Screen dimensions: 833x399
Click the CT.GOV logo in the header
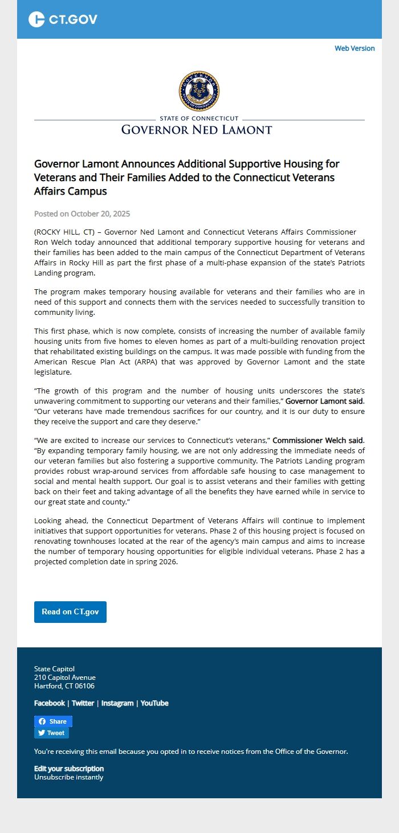pos(63,19)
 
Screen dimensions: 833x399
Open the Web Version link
pos(355,48)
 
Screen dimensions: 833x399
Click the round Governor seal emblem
pos(199,91)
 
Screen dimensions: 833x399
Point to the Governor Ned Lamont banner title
pos(197,129)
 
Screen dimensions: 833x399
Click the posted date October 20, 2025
pos(100,214)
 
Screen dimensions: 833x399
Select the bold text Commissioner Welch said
pos(317,440)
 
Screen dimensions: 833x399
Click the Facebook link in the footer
pos(50,703)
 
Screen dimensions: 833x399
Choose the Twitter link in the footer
pos(83,703)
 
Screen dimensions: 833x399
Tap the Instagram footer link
pos(117,703)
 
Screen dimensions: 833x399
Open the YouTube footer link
pos(154,703)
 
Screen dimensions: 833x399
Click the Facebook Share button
pos(53,721)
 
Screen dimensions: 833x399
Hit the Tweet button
pos(51,733)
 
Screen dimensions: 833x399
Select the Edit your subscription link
pos(69,769)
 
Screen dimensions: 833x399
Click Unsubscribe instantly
pos(68,777)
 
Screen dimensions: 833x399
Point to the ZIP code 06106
pos(84,686)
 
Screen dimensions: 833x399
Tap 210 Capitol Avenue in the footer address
pos(65,678)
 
